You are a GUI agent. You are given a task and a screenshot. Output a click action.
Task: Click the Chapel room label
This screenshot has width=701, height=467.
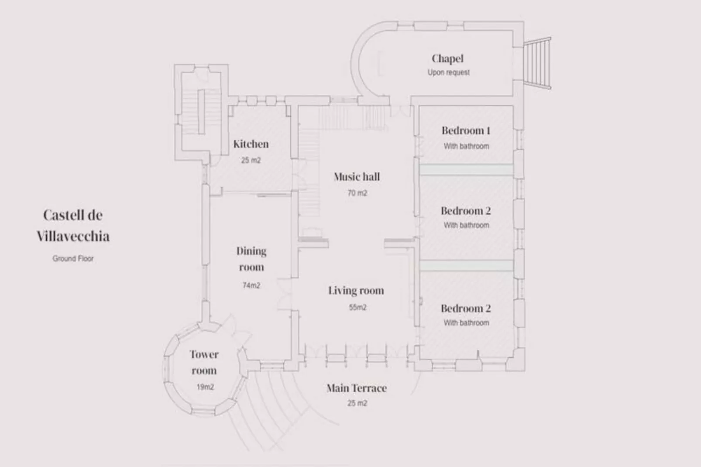(447, 58)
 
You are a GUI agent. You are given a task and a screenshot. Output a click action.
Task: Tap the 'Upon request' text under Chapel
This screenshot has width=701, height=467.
(448, 72)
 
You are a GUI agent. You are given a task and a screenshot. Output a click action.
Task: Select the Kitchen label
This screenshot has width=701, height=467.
(251, 144)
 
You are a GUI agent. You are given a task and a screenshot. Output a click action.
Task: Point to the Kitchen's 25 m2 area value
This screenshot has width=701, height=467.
(251, 160)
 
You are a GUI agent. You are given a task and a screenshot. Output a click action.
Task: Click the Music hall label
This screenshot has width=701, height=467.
(357, 177)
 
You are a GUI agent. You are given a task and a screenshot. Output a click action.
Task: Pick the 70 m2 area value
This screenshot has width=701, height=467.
(357, 193)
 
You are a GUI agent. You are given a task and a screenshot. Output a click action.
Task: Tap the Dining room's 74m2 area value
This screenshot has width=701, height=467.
(251, 285)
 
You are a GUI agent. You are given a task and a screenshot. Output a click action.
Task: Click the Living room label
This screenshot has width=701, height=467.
(356, 291)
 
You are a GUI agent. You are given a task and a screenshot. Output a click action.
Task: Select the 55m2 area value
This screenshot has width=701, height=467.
(357, 307)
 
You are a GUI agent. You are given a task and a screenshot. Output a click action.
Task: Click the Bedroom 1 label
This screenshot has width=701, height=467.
(466, 130)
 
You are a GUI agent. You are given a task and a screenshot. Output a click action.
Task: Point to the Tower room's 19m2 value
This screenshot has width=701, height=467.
(205, 387)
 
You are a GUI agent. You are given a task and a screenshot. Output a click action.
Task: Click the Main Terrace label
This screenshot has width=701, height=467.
(357, 388)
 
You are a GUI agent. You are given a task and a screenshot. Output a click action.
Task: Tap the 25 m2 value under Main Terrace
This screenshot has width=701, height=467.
(357, 403)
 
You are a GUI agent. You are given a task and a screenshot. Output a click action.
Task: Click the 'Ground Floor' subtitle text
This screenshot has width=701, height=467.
(73, 258)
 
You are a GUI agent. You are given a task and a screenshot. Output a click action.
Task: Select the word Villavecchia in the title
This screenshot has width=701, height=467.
(73, 237)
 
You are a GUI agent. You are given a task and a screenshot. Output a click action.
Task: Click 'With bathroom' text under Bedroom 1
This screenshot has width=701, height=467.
(466, 146)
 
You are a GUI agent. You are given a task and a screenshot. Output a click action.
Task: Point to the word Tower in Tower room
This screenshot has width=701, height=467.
(204, 354)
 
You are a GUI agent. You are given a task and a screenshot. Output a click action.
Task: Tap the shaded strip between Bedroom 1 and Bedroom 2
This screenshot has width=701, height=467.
(466, 169)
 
